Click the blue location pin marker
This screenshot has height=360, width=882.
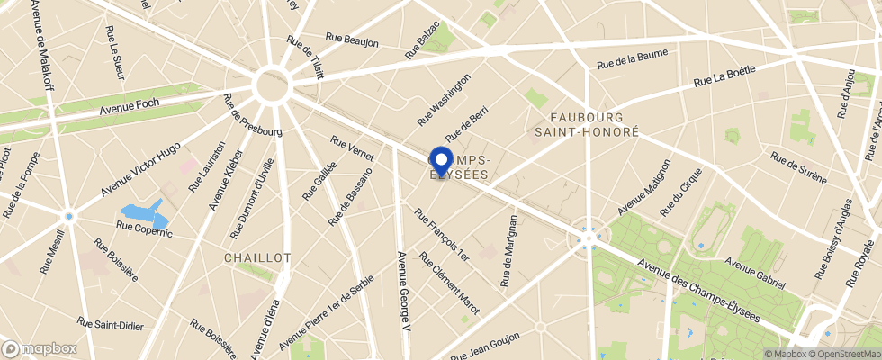pos(441,161)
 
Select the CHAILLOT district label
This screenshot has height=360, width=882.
pos(257,257)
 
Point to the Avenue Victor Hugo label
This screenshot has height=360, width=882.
pos(140,169)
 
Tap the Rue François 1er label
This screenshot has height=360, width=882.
pos(441,234)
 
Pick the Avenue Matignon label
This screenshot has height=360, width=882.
pos(644,187)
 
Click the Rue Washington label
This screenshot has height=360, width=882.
pos(444,100)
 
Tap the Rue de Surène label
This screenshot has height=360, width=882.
pos(798,167)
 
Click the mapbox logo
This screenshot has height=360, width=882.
pos(40,348)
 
